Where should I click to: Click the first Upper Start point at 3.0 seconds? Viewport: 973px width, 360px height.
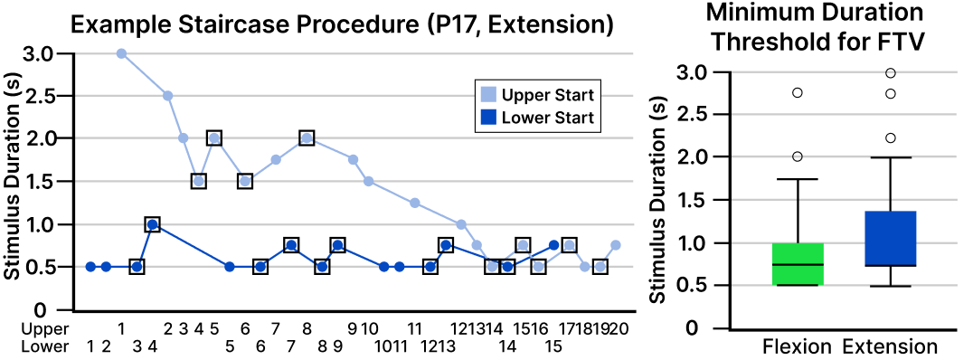click(121, 53)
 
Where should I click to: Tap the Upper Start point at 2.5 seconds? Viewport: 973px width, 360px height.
click(167, 96)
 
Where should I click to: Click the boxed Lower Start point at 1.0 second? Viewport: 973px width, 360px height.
click(152, 224)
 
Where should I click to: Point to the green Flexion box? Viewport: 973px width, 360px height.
click(798, 264)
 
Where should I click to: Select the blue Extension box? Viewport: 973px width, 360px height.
click(891, 239)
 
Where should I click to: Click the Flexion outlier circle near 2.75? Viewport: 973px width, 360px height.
click(798, 93)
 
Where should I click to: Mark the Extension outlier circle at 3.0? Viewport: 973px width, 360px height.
click(891, 72)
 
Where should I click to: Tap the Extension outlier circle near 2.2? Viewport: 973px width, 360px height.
click(891, 137)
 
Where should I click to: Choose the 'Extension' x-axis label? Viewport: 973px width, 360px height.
click(891, 346)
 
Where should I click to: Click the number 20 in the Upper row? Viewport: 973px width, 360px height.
click(619, 327)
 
